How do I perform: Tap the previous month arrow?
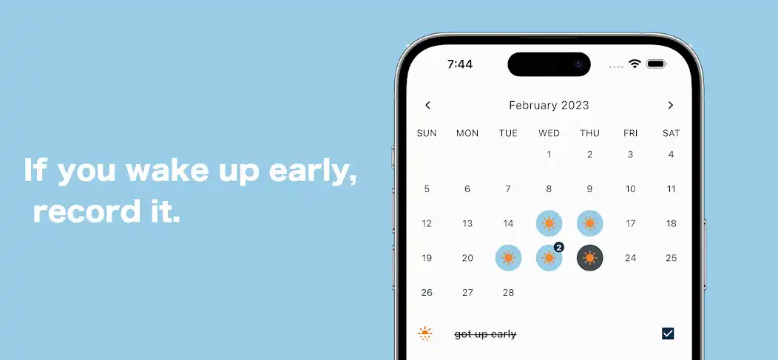[427, 105]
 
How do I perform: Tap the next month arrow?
[671, 105]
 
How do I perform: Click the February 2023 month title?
[549, 105]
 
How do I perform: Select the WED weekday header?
[549, 133]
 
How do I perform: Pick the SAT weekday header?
[671, 133]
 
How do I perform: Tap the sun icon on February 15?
[549, 223]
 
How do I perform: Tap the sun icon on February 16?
[589, 223]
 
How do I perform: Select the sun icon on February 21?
[508, 258]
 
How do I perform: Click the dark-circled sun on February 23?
[589, 258]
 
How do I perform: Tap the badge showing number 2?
[559, 247]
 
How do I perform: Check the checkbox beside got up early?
[668, 333]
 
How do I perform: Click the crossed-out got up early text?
[485, 334]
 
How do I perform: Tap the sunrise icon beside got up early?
[425, 333]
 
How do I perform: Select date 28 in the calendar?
[508, 292]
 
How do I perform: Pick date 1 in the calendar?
[549, 154]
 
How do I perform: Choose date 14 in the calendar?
[508, 223]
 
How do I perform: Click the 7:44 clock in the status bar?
[460, 64]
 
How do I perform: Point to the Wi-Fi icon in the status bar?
[635, 64]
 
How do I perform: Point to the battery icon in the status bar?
[657, 64]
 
